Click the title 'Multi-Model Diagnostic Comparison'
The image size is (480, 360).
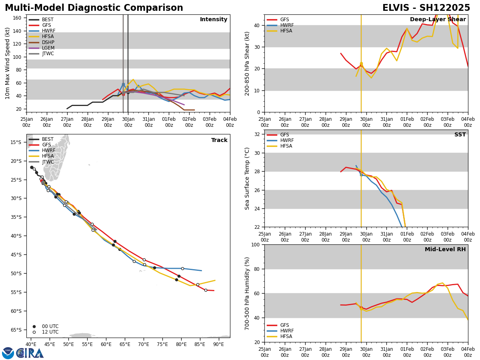94,8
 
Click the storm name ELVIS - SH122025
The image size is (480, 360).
426,8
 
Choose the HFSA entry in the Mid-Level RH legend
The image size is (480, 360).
286,336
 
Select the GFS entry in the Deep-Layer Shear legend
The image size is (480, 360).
284,20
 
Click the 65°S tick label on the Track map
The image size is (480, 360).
16,330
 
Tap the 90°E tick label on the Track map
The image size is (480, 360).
218,344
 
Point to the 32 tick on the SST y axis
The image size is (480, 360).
258,134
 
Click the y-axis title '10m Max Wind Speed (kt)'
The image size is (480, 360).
8,63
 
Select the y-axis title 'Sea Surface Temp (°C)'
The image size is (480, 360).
247,178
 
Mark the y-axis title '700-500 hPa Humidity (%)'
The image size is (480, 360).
247,294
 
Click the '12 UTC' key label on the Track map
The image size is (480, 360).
50,332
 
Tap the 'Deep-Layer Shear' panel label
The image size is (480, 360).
438,20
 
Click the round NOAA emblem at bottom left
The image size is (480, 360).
8,353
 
